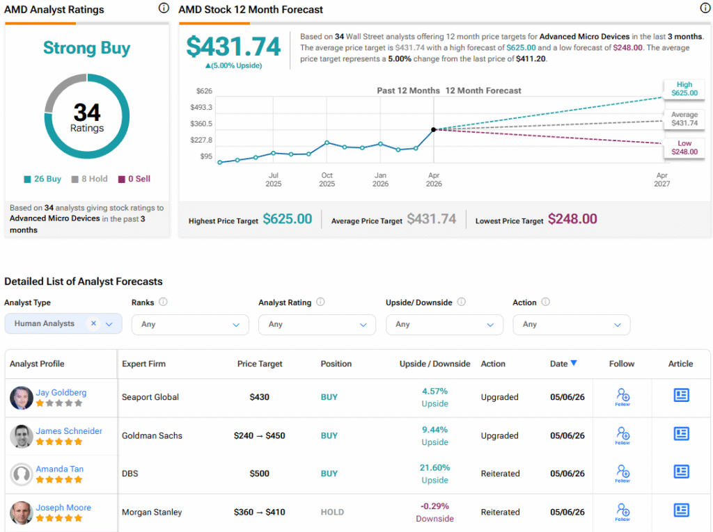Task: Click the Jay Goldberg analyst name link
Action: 61,392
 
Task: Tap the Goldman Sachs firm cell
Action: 152,436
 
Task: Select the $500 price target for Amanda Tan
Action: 259,474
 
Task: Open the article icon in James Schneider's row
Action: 681,434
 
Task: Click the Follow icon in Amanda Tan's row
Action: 622,473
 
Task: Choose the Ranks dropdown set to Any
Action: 190,324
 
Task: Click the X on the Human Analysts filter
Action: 93,323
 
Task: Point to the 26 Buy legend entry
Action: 42,179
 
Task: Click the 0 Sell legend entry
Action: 134,179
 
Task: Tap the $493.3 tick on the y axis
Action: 201,107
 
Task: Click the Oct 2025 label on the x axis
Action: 327,179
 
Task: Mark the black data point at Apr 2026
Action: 434,129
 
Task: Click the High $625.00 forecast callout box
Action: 684,88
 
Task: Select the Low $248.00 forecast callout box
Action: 684,147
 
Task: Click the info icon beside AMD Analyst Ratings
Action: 164,8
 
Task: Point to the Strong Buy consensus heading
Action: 87,48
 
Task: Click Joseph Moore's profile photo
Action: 22,513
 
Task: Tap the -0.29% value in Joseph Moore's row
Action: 434,506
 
